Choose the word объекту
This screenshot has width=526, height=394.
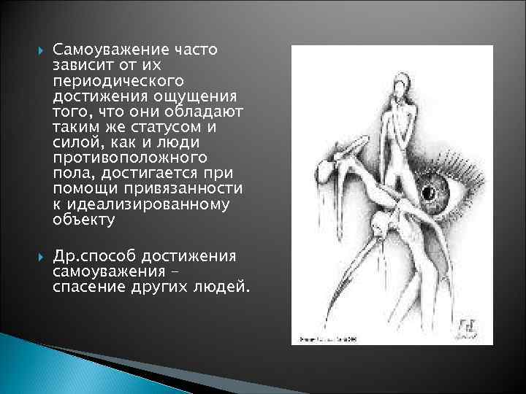pyautogui.click(x=84, y=219)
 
